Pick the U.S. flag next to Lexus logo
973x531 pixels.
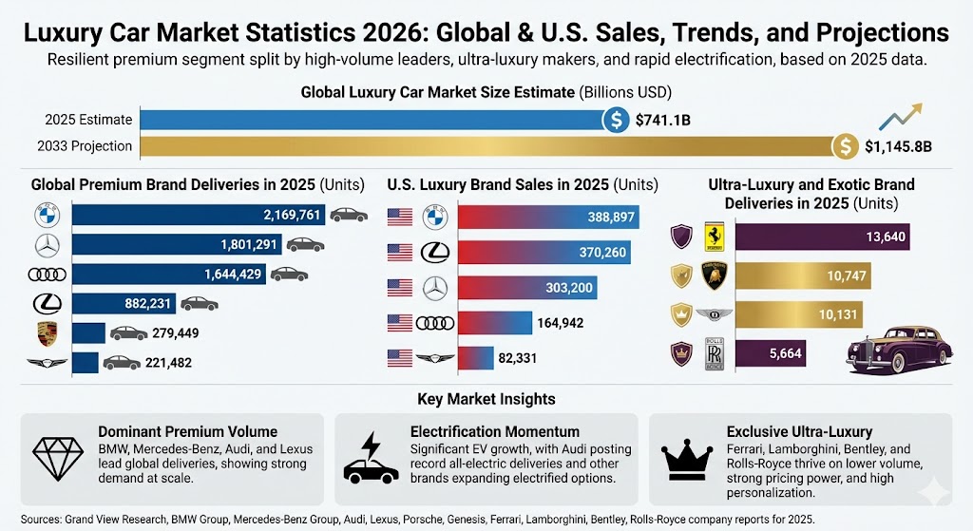point(400,252)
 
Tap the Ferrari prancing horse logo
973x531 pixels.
point(715,237)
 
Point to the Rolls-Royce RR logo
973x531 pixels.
point(715,352)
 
